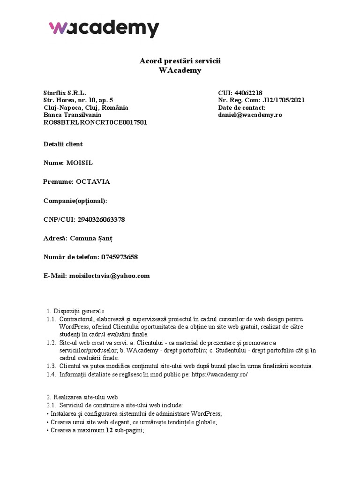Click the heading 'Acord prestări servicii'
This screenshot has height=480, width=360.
click(180, 61)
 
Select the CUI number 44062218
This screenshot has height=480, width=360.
click(252, 93)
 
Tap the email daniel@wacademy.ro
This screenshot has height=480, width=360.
click(250, 114)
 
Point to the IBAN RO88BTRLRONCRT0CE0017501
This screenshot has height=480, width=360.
click(95, 122)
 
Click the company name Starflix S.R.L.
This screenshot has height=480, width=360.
click(65, 93)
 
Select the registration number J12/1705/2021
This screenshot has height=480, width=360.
click(284, 100)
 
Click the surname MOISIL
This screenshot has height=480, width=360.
click(82, 163)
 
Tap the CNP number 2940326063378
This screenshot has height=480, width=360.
click(98, 219)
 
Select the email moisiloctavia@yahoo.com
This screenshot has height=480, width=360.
click(109, 276)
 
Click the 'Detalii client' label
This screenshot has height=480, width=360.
click(63, 144)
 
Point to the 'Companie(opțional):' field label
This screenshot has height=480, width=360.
click(75, 201)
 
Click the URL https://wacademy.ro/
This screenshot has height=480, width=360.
click(219, 374)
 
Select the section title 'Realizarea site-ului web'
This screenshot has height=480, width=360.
click(89, 397)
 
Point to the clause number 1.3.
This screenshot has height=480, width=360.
click(51, 366)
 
